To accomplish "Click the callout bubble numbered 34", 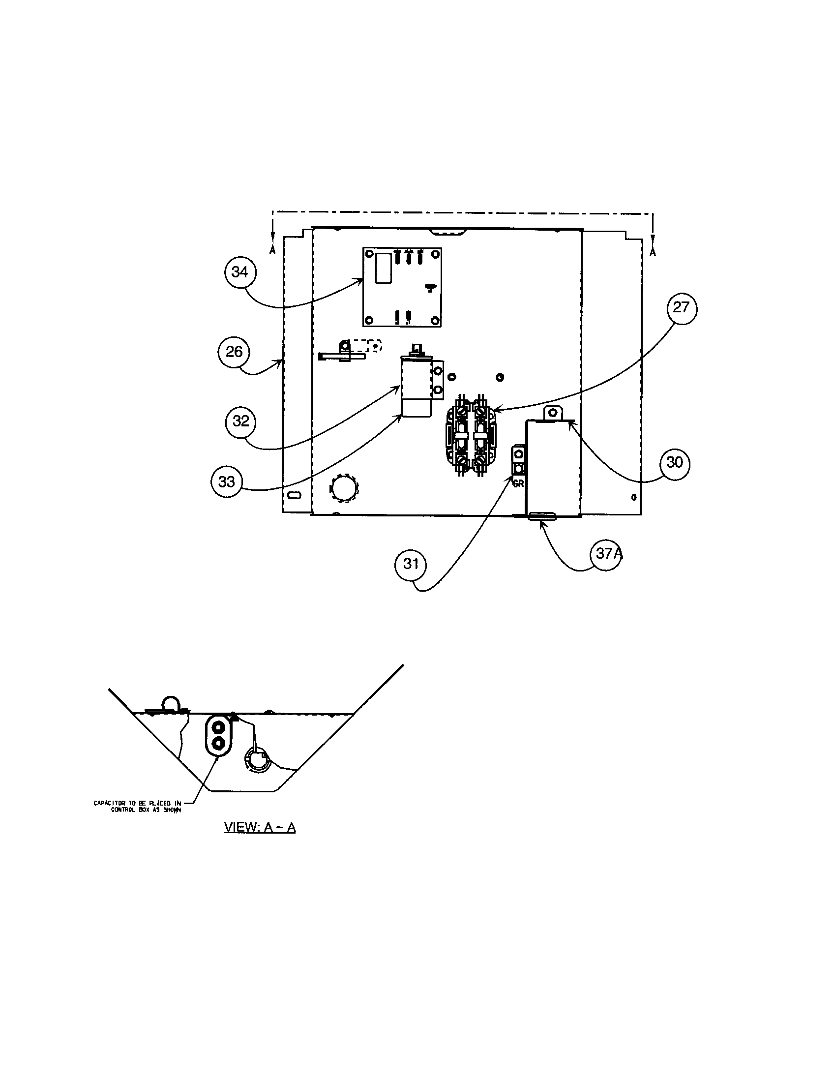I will (240, 272).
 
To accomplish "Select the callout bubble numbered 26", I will (234, 352).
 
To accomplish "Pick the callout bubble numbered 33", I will (227, 481).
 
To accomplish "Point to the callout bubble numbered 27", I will (681, 308).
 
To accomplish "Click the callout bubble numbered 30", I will (675, 462).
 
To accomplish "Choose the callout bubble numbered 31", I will (411, 564).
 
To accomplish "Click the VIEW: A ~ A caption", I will (260, 827).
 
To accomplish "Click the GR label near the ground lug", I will (518, 483).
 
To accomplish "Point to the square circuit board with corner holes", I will (402, 287).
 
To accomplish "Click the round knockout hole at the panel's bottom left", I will (344, 488).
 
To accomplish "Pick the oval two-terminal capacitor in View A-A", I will (218, 735).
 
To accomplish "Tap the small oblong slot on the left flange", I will (294, 495).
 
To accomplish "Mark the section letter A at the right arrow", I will (653, 252).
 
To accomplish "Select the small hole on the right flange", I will (634, 497).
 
